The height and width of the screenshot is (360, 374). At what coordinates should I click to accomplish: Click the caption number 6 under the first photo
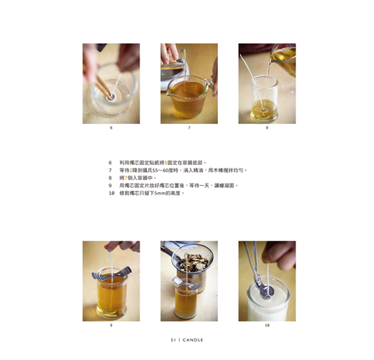point(111,128)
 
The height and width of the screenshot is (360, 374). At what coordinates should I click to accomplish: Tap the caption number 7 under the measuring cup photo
point(189,128)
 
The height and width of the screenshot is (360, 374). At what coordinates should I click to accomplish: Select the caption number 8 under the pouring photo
point(267,128)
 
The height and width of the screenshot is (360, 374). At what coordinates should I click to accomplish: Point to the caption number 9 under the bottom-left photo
point(111,325)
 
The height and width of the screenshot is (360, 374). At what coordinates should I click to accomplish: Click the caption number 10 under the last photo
point(267,325)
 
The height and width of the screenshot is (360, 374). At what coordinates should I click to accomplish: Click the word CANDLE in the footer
point(193,340)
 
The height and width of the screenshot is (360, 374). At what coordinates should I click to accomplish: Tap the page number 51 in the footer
point(173,340)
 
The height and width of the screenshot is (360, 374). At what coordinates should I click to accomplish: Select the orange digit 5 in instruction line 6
point(165,163)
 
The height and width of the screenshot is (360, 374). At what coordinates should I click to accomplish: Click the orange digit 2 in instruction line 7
point(131,171)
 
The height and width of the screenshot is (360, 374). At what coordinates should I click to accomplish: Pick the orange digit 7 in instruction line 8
point(126,178)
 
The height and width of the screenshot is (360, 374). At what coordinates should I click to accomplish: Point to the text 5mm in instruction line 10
point(159,193)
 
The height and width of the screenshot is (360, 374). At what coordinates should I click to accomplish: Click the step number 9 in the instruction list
point(110,186)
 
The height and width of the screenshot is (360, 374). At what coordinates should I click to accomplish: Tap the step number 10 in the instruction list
point(111,193)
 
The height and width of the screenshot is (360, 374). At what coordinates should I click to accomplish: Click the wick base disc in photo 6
point(111,97)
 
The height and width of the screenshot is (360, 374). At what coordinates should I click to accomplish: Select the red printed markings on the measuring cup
point(197,103)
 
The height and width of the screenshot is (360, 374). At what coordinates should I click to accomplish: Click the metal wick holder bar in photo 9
point(111,274)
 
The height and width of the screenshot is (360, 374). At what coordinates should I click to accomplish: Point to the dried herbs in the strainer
point(193,262)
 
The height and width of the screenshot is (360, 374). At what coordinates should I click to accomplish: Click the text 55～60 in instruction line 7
point(160,171)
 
